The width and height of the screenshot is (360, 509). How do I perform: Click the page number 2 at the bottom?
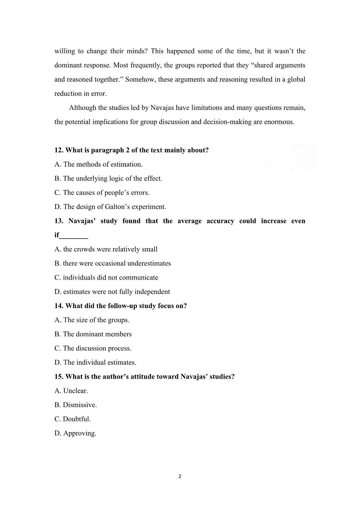coord(180,477)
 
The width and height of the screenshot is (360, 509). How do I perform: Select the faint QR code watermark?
coord(304,158)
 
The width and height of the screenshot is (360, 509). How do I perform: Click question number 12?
coord(59,150)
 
